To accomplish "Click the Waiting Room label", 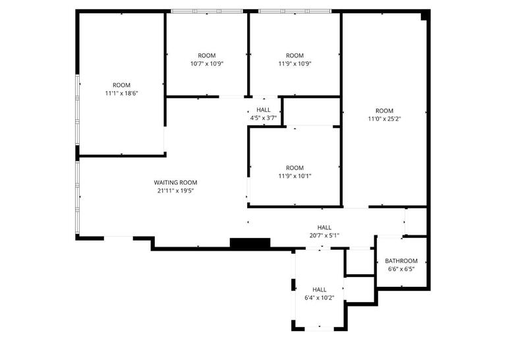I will tap(175, 183).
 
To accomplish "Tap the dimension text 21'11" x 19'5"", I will tap(175, 191).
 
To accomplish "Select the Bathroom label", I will tap(401, 261).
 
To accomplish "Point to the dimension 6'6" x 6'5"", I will tap(401, 269).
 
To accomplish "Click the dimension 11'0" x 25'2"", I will tap(384, 119).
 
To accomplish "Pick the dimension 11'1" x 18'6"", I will tap(121, 94).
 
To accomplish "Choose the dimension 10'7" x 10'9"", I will tap(207, 64).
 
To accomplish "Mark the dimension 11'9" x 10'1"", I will tap(295, 176).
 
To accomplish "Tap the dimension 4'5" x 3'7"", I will tap(264, 118).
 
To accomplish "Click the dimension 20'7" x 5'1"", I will tap(324, 235).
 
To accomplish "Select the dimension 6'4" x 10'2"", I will tap(320, 297).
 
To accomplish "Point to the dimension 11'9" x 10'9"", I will tap(295, 64).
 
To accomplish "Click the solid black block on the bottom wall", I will tap(250, 243).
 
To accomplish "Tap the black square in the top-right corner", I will tap(425, 15).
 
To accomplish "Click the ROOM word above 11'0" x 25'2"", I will tap(384, 111).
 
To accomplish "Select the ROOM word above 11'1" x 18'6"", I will tap(121, 85).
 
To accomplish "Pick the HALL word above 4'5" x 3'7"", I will tap(264, 110).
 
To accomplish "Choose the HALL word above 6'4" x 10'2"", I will tap(320, 289).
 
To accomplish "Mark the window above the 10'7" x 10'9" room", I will tap(207, 11).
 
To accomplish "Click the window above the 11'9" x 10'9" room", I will tap(294, 11).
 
